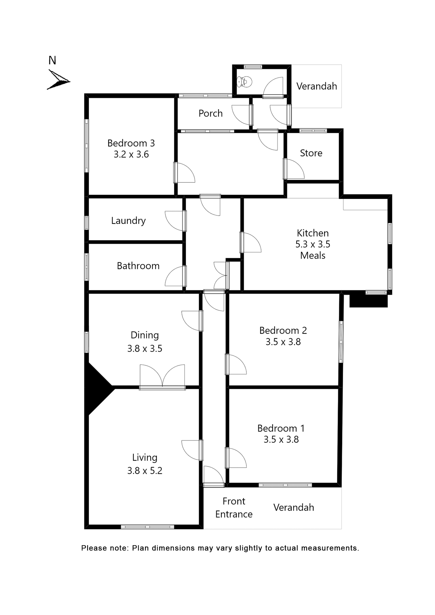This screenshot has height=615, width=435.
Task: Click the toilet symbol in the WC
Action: [244, 82]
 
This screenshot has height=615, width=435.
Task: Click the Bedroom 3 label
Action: [131, 143]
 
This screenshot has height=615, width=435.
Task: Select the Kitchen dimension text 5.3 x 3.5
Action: [313, 244]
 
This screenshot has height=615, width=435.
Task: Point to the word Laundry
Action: [128, 220]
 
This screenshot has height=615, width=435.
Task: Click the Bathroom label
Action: [138, 266]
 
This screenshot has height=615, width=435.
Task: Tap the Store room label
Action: [311, 153]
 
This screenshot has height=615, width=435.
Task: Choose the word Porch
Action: [210, 113]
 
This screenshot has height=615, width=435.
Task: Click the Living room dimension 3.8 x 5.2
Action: [145, 471]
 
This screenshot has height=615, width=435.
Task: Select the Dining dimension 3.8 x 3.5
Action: [145, 348]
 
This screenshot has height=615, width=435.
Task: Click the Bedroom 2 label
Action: [283, 330]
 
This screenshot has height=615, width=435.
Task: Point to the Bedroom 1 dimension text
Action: [281, 439]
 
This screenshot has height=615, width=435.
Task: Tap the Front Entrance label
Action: [234, 507]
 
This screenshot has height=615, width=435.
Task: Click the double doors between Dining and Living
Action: [162, 377]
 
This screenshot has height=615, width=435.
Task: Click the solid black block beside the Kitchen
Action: [368, 301]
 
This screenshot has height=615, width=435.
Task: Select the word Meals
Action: [313, 255]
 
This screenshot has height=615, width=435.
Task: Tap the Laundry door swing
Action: [175, 221]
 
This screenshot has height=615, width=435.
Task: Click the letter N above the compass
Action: [52, 60]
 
